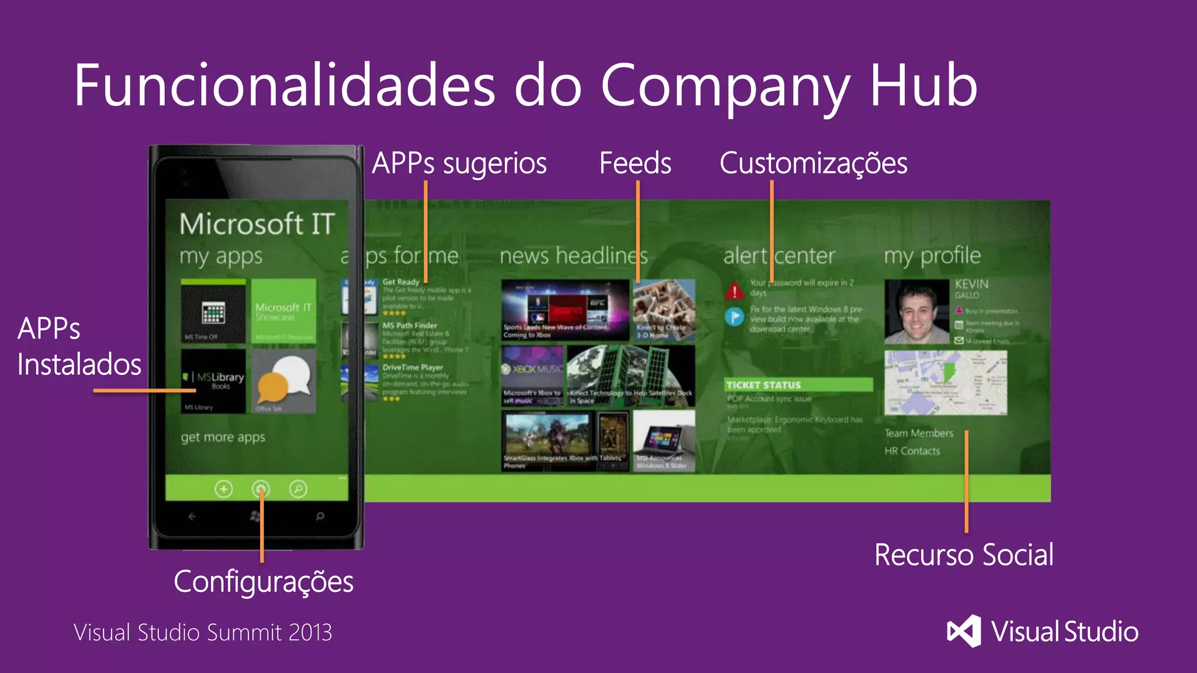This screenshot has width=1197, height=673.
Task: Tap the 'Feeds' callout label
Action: tap(635, 163)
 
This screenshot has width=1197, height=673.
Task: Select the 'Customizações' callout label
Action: tap(813, 163)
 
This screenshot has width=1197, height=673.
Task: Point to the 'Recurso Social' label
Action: tap(964, 554)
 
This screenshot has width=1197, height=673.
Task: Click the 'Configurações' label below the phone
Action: tap(264, 582)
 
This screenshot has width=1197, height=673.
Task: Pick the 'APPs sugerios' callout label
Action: tap(459, 164)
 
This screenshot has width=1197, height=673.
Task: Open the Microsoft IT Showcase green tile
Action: tap(284, 311)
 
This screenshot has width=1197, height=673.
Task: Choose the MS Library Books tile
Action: tap(213, 381)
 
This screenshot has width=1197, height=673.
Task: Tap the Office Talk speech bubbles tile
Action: tap(284, 381)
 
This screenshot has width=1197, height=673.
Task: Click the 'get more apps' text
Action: tap(223, 437)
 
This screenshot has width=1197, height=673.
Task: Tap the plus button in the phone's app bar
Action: tap(223, 488)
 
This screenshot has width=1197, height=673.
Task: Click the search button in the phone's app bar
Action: tap(298, 488)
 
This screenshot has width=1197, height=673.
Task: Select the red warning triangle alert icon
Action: tap(735, 290)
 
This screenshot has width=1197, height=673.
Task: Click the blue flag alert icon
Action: tap(735, 317)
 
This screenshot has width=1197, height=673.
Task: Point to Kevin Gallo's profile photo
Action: tap(916, 311)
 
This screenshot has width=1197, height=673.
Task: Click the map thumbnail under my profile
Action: tap(946, 383)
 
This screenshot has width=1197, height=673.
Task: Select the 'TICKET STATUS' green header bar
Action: tap(798, 385)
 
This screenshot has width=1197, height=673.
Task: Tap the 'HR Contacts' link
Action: tap(912, 451)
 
